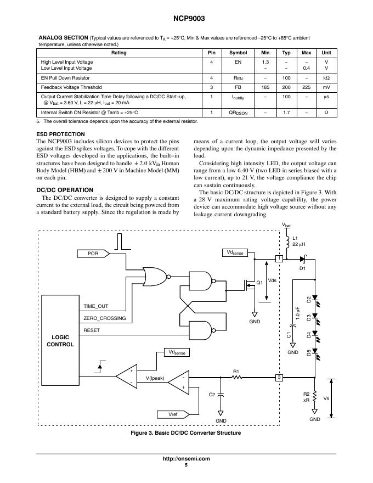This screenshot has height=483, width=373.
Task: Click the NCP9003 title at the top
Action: (x=187, y=18)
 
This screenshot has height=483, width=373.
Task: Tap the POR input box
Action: (x=92, y=253)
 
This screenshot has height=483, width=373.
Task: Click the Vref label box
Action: (x=173, y=414)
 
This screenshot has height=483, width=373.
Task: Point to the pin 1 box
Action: (x=279, y=258)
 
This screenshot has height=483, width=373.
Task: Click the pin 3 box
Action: (x=279, y=377)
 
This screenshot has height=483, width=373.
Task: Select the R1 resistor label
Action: (x=236, y=371)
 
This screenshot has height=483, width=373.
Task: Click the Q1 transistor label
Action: (x=260, y=283)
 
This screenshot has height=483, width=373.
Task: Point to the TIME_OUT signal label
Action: (x=96, y=306)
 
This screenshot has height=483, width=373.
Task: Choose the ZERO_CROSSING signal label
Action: (x=104, y=318)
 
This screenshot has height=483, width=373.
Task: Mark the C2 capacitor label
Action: (x=212, y=394)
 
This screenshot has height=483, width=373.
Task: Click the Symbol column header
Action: (x=238, y=53)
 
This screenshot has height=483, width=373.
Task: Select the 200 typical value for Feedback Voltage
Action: (x=286, y=87)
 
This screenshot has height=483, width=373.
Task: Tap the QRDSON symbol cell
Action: (x=238, y=113)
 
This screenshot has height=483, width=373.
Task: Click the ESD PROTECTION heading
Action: (x=60, y=134)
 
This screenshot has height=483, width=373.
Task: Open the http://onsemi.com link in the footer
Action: (x=187, y=458)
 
